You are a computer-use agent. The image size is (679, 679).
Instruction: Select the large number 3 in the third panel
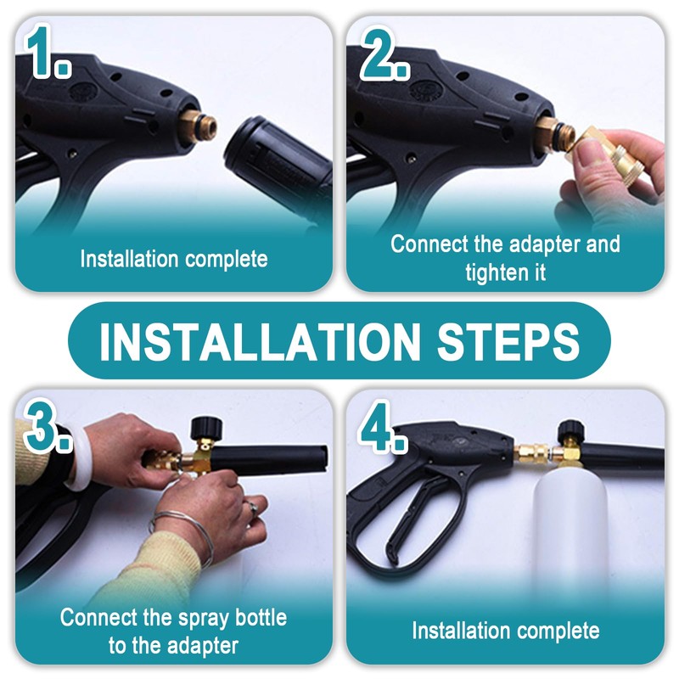coord(41,425)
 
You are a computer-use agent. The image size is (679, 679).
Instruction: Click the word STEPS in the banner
coord(508,341)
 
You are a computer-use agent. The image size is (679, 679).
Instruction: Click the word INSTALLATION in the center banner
coord(260,341)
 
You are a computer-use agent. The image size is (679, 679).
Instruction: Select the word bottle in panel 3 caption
coord(261,617)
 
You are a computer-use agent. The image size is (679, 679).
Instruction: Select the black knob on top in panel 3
coord(206,428)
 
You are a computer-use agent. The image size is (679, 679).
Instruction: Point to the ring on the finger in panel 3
coord(252,507)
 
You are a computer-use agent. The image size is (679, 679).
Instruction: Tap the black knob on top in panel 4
coord(571,429)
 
